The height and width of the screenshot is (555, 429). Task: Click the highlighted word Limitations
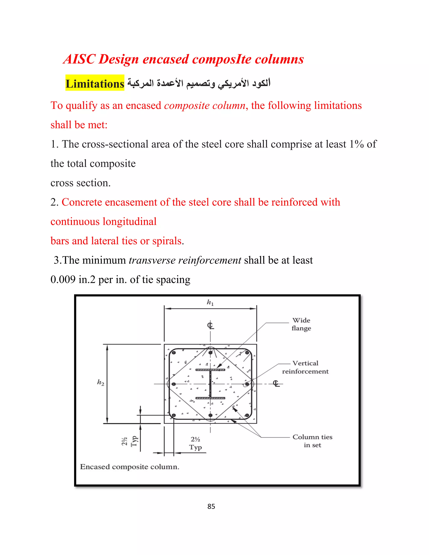95,84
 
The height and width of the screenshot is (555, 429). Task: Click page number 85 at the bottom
211,506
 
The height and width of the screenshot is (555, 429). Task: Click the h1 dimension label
210,302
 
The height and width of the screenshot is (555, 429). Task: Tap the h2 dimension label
101,382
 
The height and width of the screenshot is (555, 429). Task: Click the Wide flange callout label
301,324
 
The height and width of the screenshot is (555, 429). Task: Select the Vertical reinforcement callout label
305,367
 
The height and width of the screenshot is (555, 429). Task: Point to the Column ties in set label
312,441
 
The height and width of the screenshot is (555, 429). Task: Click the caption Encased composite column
130,467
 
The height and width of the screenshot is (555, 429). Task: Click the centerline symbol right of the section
276,383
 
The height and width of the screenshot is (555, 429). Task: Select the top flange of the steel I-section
210,370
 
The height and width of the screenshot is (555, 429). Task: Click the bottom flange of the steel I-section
210,398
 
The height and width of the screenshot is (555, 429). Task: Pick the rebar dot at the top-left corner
174,353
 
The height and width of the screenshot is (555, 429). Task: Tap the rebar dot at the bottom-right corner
247,415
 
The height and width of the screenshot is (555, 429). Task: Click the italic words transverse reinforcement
185,260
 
